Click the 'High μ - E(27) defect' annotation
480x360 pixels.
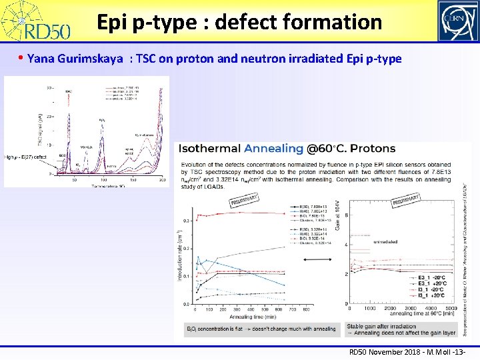pyautogui.click(x=25, y=157)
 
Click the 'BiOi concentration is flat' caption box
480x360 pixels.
pyautogui.click(x=261, y=329)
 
